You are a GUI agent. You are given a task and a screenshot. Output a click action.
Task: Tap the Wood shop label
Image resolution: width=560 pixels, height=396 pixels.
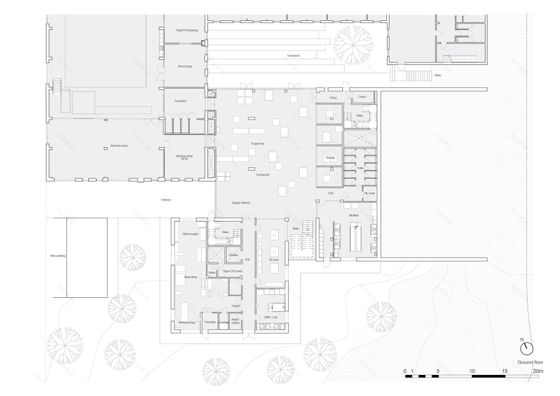point(185,66)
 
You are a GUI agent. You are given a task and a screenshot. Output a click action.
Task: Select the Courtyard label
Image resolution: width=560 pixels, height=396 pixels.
point(293,55)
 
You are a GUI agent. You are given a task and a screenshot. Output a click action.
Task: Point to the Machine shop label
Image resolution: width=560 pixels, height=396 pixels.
point(119,146)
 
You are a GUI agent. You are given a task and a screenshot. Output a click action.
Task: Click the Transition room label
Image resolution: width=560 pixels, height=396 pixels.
point(181,100)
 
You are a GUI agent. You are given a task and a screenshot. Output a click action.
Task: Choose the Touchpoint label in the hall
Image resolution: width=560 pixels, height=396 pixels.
point(263,174)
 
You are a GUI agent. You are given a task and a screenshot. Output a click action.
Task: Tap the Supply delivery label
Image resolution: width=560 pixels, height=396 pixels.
point(241,202)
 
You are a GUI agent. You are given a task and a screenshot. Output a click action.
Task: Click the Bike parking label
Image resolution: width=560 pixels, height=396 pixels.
point(58,256)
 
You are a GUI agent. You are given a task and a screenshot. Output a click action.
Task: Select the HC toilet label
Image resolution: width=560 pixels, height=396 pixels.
point(369,193)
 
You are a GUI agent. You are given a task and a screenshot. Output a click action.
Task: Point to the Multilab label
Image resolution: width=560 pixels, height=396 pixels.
point(354,216)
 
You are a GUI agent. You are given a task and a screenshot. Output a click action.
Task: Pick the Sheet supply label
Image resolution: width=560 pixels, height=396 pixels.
point(190,234)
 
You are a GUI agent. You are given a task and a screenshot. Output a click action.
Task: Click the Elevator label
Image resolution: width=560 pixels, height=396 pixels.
point(233,255)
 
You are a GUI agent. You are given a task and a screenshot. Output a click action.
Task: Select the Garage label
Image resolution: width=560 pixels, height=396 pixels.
point(330,157)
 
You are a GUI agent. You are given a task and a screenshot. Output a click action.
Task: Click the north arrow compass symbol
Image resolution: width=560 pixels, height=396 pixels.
point(527,349)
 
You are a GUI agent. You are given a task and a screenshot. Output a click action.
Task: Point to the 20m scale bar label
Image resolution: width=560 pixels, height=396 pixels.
point(538,370)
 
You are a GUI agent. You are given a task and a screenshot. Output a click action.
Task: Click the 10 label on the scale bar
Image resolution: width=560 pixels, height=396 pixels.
point(472,370)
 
